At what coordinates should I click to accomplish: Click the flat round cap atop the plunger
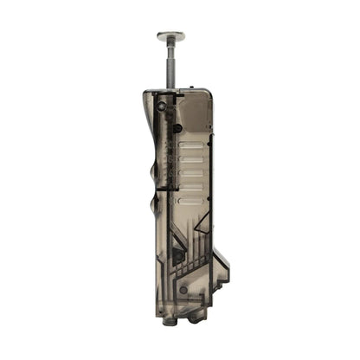(170, 36)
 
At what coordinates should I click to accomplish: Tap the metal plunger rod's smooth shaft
(170, 65)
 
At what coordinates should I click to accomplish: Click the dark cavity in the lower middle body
(177, 254)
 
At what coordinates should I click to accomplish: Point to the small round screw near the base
(183, 289)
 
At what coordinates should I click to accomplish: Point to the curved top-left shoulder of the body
(145, 100)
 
